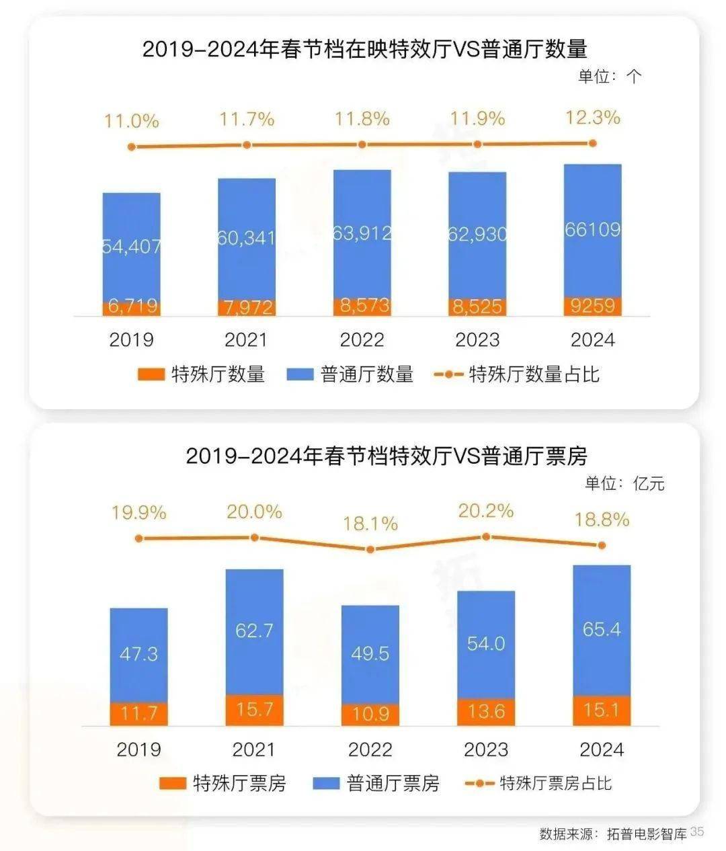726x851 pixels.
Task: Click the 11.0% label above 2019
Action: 132,121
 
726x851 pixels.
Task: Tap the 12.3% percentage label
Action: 592,118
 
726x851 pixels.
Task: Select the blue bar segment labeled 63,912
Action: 362,233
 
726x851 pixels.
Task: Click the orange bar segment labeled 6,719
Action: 132,307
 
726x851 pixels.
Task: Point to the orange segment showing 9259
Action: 592,306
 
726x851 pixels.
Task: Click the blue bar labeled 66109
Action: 592,230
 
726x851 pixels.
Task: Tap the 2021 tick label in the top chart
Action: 246,339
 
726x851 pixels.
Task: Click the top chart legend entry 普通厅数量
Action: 350,374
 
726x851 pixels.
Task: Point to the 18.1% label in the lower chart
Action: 370,524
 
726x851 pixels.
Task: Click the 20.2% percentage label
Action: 485,511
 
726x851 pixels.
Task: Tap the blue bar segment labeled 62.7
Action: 254,631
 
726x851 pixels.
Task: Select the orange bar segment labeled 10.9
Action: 370,713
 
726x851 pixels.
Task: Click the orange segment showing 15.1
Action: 601,710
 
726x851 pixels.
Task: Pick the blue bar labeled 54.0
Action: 485,643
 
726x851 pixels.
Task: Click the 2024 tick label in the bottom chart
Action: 601,749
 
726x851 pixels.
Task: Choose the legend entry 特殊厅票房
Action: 223,783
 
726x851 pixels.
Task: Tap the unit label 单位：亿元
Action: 624,483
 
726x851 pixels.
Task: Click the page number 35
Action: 696,832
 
